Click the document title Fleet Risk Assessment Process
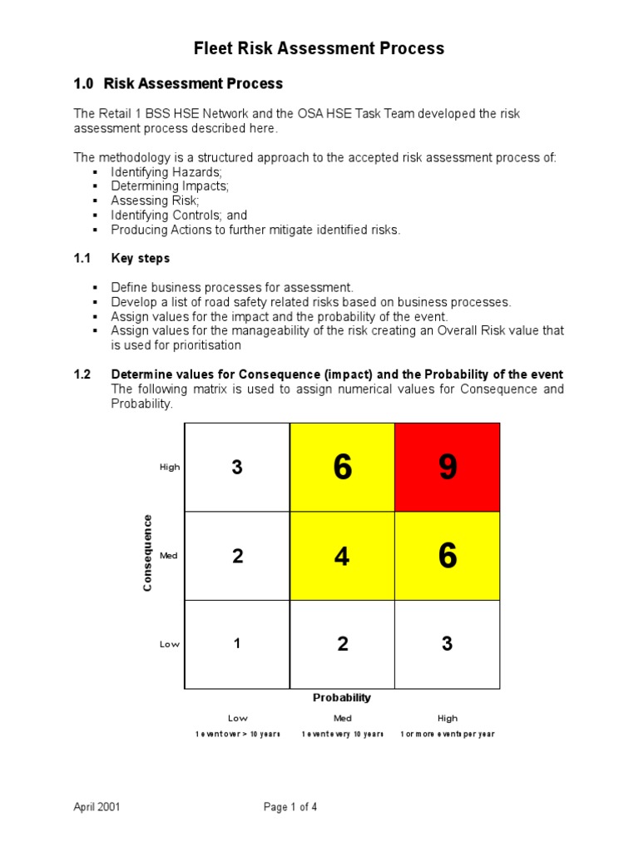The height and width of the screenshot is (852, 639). [319, 48]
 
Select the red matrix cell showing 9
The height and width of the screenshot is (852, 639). [448, 468]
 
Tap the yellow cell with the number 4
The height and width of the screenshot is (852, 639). [342, 556]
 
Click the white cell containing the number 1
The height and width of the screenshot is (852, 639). [237, 644]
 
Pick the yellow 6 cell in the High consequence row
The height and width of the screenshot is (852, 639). [342, 468]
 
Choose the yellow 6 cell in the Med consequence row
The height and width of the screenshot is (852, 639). [448, 556]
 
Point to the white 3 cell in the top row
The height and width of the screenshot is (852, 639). [237, 468]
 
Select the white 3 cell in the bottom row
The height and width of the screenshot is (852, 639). [448, 644]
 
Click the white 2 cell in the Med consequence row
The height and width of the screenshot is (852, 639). [237, 556]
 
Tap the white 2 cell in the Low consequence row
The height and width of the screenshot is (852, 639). [342, 644]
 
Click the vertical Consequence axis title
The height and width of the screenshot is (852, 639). [147, 553]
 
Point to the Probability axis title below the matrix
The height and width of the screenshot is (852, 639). [342, 697]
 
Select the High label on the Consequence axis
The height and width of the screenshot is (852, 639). [170, 468]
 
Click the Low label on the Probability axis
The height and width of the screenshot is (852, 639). [237, 718]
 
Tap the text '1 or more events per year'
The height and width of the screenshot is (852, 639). [448, 735]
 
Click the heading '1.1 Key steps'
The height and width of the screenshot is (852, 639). [121, 259]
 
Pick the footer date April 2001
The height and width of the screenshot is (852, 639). [97, 806]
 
